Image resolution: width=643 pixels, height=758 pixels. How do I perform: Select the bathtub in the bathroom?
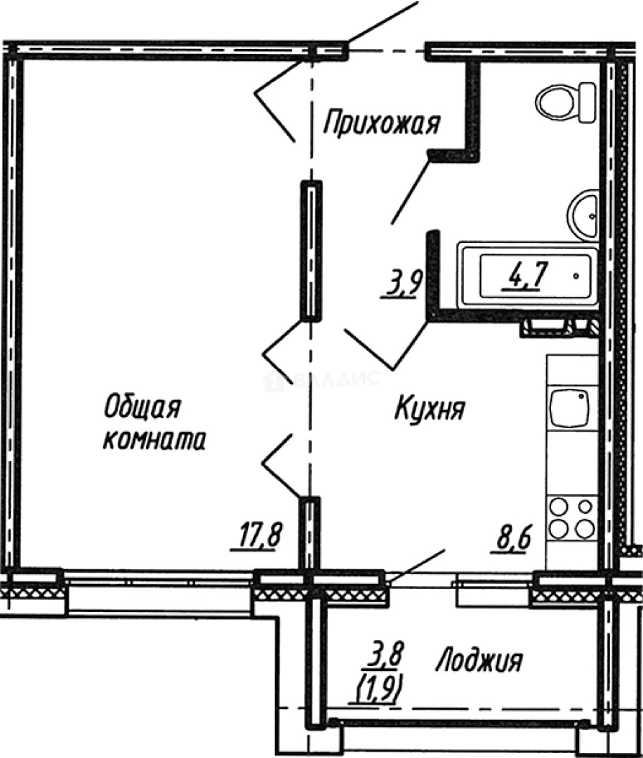[x=529, y=276]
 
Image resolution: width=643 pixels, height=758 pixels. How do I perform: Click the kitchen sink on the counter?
[x=569, y=408]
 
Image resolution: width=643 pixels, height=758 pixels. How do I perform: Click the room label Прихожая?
[x=382, y=124]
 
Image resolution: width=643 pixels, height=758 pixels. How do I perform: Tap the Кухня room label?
[x=430, y=408]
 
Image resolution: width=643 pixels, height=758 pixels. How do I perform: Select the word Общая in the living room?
[x=142, y=406]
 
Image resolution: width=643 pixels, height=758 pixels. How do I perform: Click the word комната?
[x=154, y=440]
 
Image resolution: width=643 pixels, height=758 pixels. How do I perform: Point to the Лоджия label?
[x=480, y=660]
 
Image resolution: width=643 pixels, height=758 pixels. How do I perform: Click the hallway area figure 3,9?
[x=402, y=284]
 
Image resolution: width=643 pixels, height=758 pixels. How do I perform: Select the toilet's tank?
[x=587, y=102]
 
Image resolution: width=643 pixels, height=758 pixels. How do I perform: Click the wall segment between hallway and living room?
[x=310, y=251]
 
